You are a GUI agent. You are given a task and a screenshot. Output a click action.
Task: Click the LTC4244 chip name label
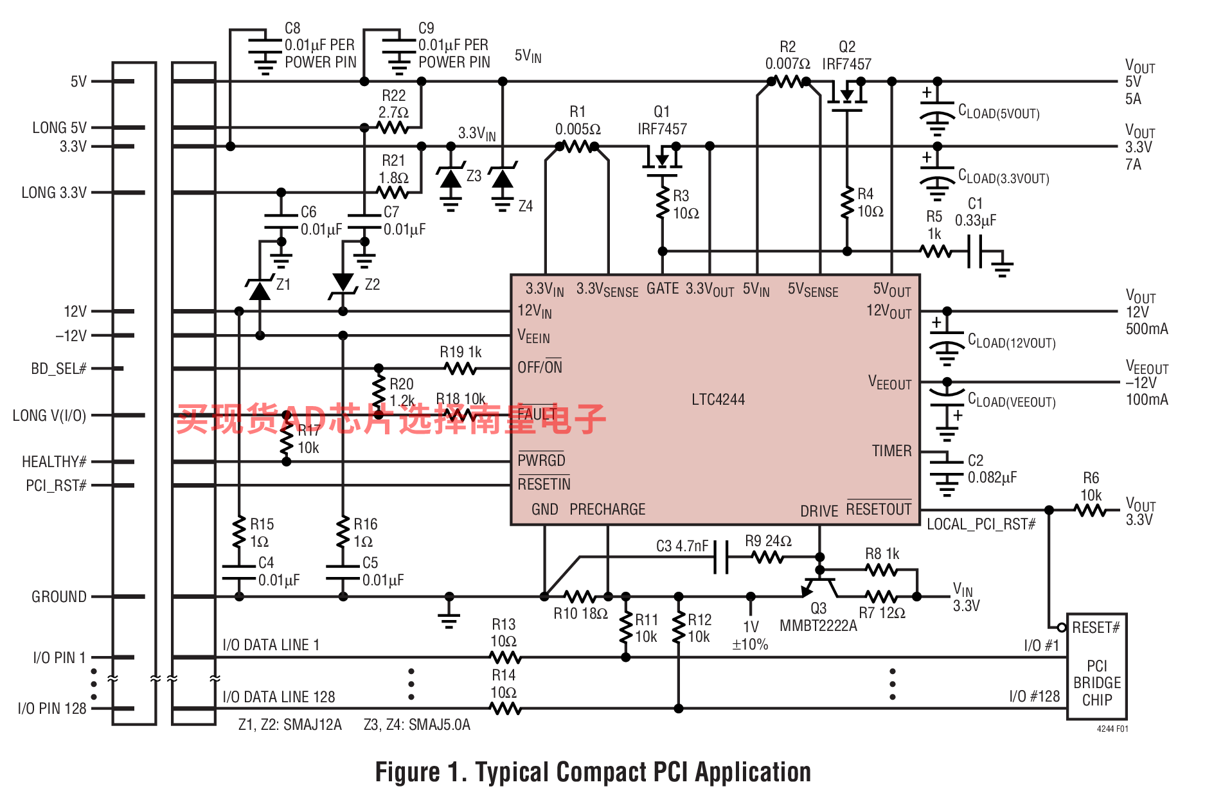pos(718,400)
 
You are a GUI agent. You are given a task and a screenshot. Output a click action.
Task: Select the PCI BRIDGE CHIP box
pos(1096,666)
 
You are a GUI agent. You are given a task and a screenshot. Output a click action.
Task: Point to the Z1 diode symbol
pos(260,290)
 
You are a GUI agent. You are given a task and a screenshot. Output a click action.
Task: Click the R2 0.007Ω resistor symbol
pos(788,82)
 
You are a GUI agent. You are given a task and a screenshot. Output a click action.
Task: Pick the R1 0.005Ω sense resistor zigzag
pos(577,146)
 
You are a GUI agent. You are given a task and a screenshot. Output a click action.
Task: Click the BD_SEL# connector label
pos(58,369)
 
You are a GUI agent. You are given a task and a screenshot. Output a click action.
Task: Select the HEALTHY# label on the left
pos(54,462)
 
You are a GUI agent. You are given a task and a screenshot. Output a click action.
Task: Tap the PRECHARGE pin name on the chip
pos(607,510)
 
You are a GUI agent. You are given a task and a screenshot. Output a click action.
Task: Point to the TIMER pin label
pos(891,451)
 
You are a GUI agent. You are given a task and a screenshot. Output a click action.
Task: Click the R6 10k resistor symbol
pos(1091,510)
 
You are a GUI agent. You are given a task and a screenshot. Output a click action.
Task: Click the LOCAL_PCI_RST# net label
pos(981,524)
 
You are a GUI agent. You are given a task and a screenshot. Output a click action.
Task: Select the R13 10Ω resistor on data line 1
pos(505,657)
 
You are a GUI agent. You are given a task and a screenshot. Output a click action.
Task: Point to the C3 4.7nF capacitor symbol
pos(722,556)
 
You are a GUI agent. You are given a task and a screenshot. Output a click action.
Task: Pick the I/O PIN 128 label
pos(52,709)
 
